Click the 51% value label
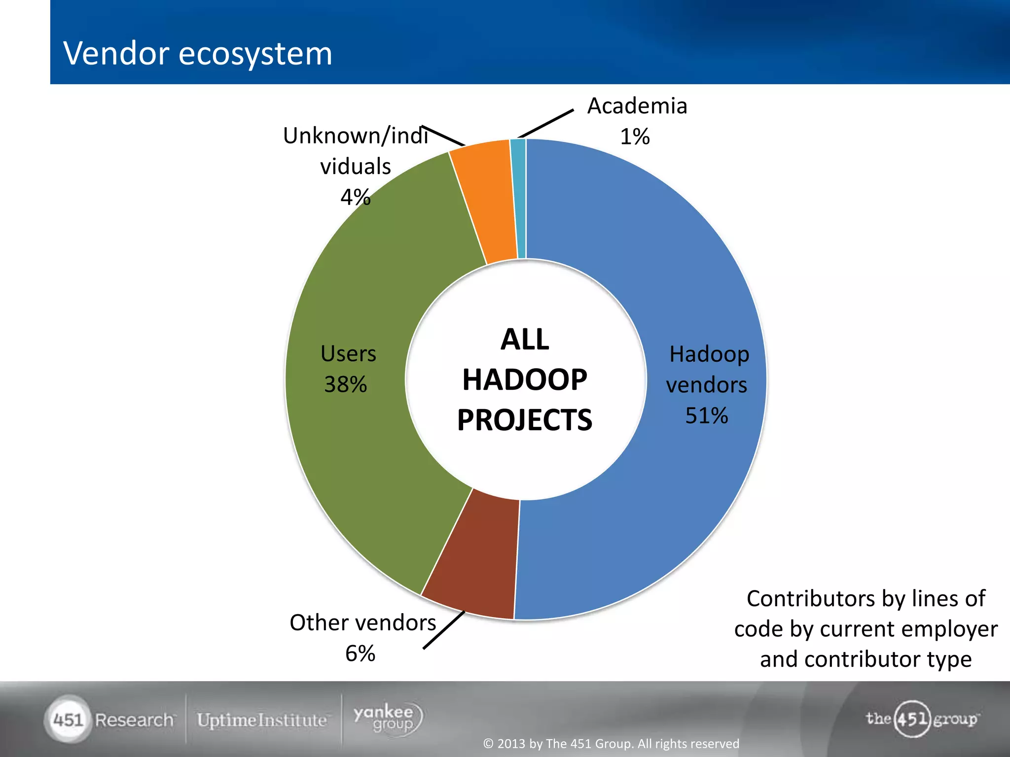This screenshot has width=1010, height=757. pyautogui.click(x=706, y=415)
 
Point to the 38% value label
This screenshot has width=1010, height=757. pyautogui.click(x=345, y=384)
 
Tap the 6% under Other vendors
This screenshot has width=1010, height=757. pyautogui.click(x=360, y=654)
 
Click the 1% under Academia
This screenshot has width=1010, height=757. pyautogui.click(x=635, y=137)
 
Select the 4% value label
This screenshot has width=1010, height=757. pyautogui.click(x=355, y=197)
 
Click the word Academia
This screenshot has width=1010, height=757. pyautogui.click(x=637, y=106)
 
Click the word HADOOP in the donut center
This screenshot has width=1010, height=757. pyautogui.click(x=525, y=379)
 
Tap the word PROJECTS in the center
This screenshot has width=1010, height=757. pyautogui.click(x=525, y=420)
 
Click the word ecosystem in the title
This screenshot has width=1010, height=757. pyautogui.click(x=255, y=53)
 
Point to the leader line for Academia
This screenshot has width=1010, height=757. pyautogui.click(x=546, y=124)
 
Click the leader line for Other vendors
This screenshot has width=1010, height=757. pyautogui.click(x=444, y=630)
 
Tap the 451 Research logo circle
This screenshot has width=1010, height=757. pyautogui.click(x=68, y=720)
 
